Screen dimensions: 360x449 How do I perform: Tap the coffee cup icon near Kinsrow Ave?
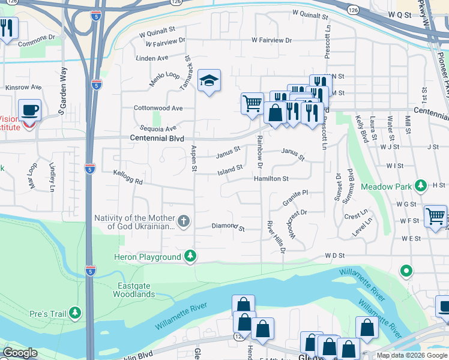pyautogui.click(x=29, y=110)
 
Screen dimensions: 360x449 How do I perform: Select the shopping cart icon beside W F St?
pyautogui.click(x=435, y=216)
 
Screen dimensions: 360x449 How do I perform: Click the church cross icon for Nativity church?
pyautogui.click(x=184, y=223)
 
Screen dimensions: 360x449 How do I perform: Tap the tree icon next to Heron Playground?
pyautogui.click(x=190, y=257)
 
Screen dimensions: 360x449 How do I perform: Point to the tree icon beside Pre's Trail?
pyautogui.click(x=74, y=313)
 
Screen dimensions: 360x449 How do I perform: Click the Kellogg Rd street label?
pyautogui.click(x=128, y=177)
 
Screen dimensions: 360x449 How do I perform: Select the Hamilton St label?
pyautogui.click(x=271, y=179)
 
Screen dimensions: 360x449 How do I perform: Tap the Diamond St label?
pyautogui.click(x=228, y=228)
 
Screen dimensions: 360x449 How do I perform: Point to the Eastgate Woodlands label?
pyautogui.click(x=134, y=290)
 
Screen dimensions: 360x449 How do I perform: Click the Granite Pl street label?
pyautogui.click(x=295, y=199)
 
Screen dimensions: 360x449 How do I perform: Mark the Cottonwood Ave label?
pyautogui.click(x=158, y=109)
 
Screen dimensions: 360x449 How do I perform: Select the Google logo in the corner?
pyautogui.click(x=20, y=353)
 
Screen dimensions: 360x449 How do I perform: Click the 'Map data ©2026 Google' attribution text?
pyautogui.click(x=412, y=355)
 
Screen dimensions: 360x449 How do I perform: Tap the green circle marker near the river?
pyautogui.click(x=406, y=272)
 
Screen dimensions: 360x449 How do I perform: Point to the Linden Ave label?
pyautogui.click(x=152, y=58)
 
